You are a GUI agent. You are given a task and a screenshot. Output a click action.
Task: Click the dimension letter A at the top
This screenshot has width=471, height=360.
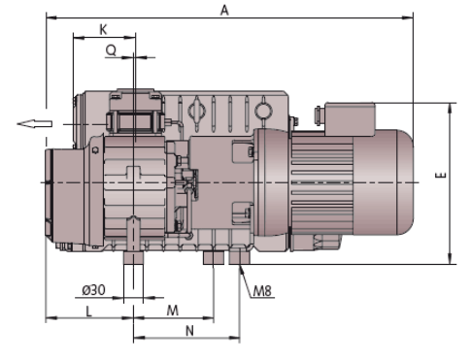coord(224,11)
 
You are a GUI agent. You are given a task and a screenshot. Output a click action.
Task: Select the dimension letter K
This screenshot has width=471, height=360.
coord(103,30)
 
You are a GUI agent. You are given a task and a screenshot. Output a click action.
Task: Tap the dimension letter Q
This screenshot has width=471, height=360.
coord(111,50)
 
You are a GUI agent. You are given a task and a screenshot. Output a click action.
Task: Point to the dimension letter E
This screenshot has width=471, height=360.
coord(441,175)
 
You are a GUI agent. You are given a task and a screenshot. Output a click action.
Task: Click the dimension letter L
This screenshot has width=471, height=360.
coord(88,311)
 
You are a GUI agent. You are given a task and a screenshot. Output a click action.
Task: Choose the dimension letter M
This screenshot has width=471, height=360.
coord(173,311)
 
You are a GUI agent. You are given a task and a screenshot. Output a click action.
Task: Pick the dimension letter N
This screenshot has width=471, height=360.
coord(189,331)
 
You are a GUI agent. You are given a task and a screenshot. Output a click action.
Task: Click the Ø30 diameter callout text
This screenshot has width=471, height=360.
coord(93,290)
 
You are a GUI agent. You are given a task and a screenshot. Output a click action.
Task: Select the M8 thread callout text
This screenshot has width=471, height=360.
coord(262,291)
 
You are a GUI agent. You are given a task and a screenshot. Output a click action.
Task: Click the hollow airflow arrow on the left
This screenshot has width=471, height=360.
coord(35,124)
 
